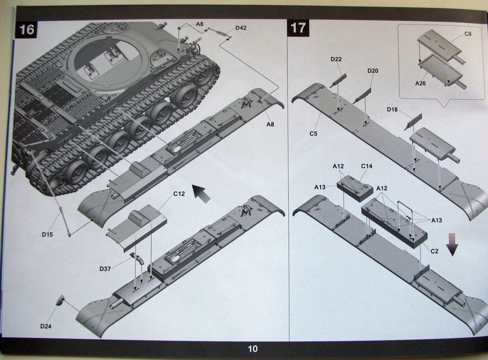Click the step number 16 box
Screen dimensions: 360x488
27,30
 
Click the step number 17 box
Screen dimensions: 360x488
298,28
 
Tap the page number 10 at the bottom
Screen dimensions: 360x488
253,349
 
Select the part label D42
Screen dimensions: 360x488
241,28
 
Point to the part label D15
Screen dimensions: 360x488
47,234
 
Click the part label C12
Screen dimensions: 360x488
179,194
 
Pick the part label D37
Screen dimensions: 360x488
105,269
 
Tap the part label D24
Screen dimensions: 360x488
46,326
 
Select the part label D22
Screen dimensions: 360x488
336,59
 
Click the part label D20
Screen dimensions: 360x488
373,70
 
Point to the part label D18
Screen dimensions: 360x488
392,110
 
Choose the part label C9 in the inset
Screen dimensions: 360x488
468,34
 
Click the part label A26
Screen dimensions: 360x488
420,83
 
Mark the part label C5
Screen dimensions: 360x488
313,133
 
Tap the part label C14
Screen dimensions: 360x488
366,166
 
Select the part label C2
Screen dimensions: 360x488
434,251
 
